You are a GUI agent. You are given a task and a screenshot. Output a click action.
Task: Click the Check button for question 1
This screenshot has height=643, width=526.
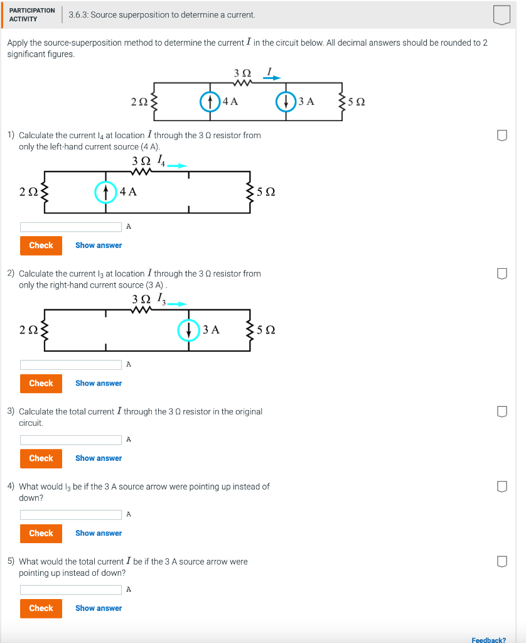[41, 246]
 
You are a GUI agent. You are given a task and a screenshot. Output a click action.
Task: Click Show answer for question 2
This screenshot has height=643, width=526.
[99, 383]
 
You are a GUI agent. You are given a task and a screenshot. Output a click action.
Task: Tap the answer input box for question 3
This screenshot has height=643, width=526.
[71, 440]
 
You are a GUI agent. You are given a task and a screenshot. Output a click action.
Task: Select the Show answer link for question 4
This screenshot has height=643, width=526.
[99, 533]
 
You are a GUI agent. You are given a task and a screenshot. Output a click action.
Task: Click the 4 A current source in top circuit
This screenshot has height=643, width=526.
[210, 101]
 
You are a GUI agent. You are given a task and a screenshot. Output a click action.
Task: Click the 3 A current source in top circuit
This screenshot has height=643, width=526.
[286, 101]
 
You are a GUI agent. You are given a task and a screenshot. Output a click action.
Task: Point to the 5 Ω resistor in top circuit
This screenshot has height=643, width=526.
[342, 101]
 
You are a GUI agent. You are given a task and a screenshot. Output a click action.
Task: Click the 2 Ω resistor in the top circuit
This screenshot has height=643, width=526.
[153, 101]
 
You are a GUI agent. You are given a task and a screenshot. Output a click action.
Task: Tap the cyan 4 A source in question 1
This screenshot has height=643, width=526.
[105, 192]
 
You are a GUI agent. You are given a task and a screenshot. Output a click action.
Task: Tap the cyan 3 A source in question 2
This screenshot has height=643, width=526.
[188, 330]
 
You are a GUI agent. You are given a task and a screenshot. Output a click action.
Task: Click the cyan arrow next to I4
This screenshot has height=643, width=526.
[178, 166]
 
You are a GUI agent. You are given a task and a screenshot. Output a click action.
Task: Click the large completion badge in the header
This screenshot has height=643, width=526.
[502, 14]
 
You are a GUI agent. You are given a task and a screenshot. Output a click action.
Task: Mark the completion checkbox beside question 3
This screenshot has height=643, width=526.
[502, 411]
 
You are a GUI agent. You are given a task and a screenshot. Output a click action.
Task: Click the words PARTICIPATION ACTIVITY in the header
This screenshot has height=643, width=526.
[31, 14]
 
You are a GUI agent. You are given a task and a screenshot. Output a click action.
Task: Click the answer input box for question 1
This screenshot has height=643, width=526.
[71, 227]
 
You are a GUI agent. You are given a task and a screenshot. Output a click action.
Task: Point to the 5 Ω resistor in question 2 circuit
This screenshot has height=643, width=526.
[252, 330]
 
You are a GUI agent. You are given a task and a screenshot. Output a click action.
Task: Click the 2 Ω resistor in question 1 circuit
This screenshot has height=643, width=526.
[44, 192]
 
